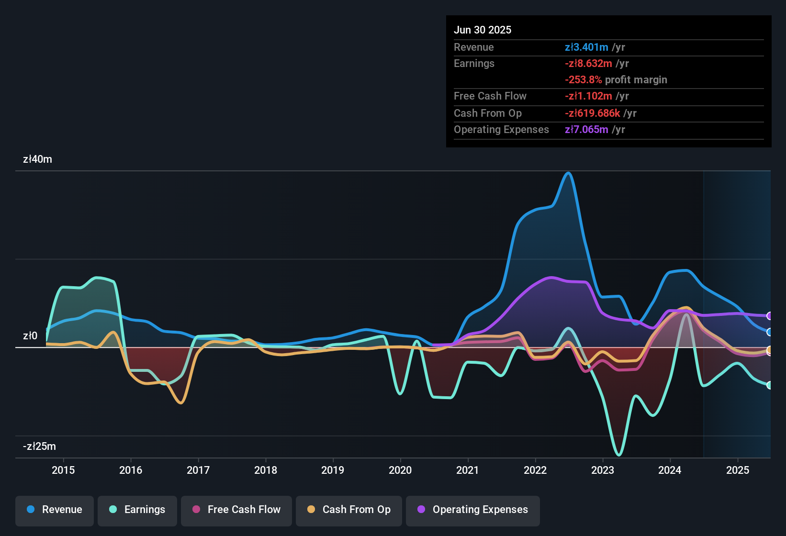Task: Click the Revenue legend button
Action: [x=55, y=510]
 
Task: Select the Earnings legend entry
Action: [x=137, y=510]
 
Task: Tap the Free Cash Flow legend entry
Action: [x=236, y=510]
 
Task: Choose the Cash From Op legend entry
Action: [x=349, y=510]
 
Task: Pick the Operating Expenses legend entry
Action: [x=473, y=510]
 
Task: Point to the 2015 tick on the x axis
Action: [x=63, y=470]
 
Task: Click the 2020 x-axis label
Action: [x=400, y=470]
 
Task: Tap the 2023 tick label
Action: [x=603, y=470]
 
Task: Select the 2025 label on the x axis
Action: [x=738, y=470]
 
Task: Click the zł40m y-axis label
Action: [x=37, y=159]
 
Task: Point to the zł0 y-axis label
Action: [x=30, y=336]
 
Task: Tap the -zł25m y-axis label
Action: [x=39, y=447]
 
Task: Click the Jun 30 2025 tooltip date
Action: [x=483, y=30]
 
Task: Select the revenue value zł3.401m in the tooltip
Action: [x=586, y=47]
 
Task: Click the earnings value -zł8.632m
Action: [x=588, y=64]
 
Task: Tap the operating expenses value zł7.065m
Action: [x=586, y=130]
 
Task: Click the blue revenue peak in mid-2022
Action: [x=568, y=173]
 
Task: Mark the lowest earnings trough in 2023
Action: [x=619, y=454]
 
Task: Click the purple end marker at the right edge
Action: [x=769, y=316]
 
